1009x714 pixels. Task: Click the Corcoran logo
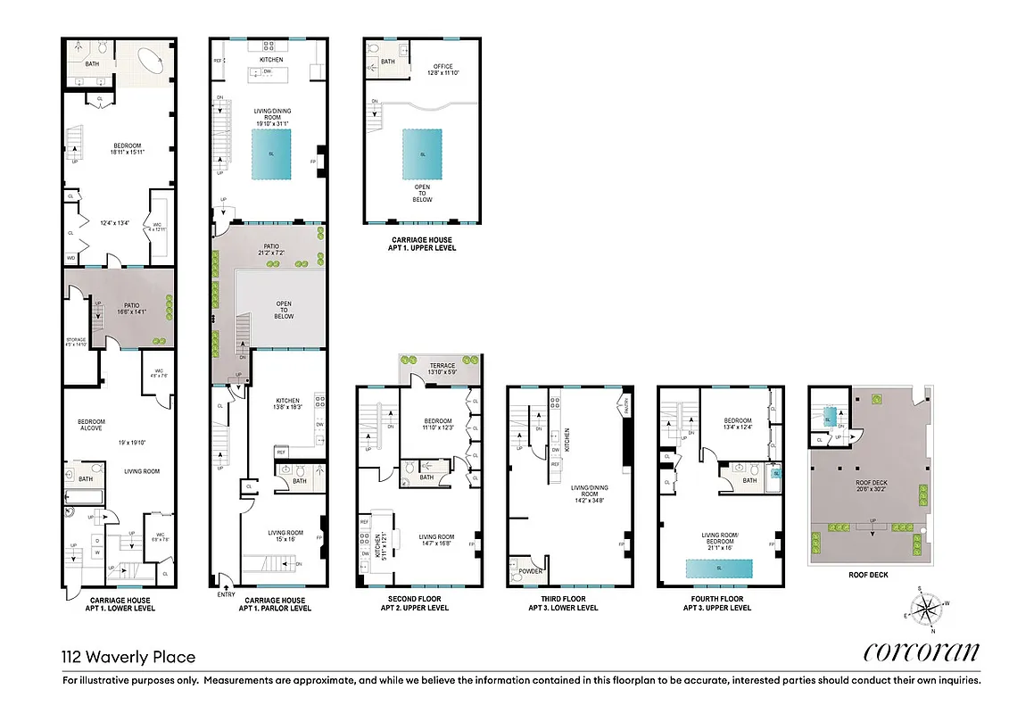(x=921, y=652)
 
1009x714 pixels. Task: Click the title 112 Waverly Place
(x=128, y=658)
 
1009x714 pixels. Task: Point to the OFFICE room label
(x=443, y=66)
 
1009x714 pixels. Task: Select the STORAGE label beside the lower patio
(x=76, y=340)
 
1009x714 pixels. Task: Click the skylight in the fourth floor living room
(x=718, y=569)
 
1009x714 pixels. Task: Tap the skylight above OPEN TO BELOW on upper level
(x=422, y=154)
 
